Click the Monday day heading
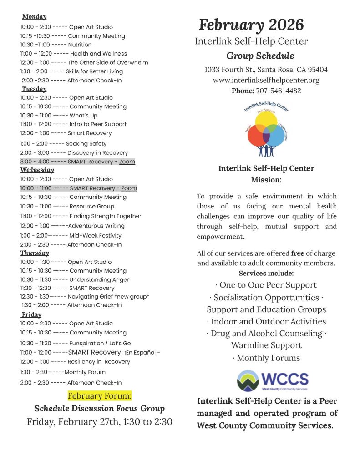34,17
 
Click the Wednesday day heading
37,170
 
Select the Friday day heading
31,314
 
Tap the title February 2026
251,24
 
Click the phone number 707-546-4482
278,91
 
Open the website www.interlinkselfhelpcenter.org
266,80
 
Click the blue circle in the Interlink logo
276,135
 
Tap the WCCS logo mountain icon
248,380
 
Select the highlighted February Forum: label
100,395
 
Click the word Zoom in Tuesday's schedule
128,162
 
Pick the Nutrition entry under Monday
80,45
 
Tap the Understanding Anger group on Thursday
99,279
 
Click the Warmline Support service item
266,345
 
